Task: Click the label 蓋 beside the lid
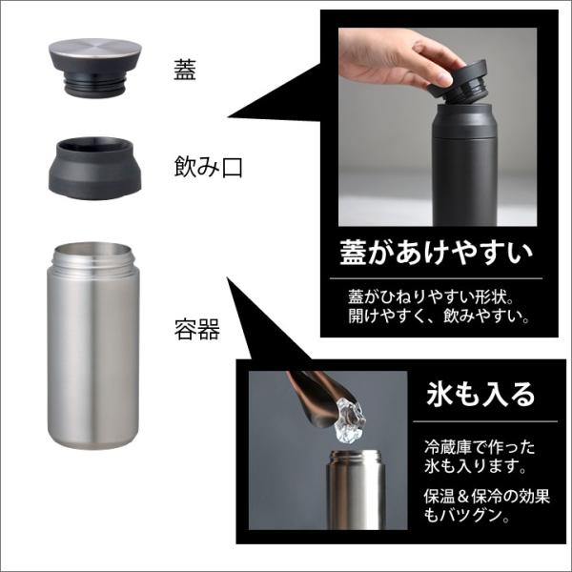pos(185,70)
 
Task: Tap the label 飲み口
pos(208,167)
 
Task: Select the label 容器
pos(197,329)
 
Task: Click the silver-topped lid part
pos(96,68)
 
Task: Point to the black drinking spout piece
pos(94,168)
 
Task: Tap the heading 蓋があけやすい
pos(436,253)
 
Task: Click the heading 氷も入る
pos(480,395)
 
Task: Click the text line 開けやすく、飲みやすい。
pos(439,316)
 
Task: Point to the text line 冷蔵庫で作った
pos(480,447)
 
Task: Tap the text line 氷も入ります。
pos(475,466)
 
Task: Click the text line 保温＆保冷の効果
pos(486,496)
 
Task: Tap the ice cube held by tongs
pos(349,419)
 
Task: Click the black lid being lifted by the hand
pos(458,81)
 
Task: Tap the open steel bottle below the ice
pos(356,489)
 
